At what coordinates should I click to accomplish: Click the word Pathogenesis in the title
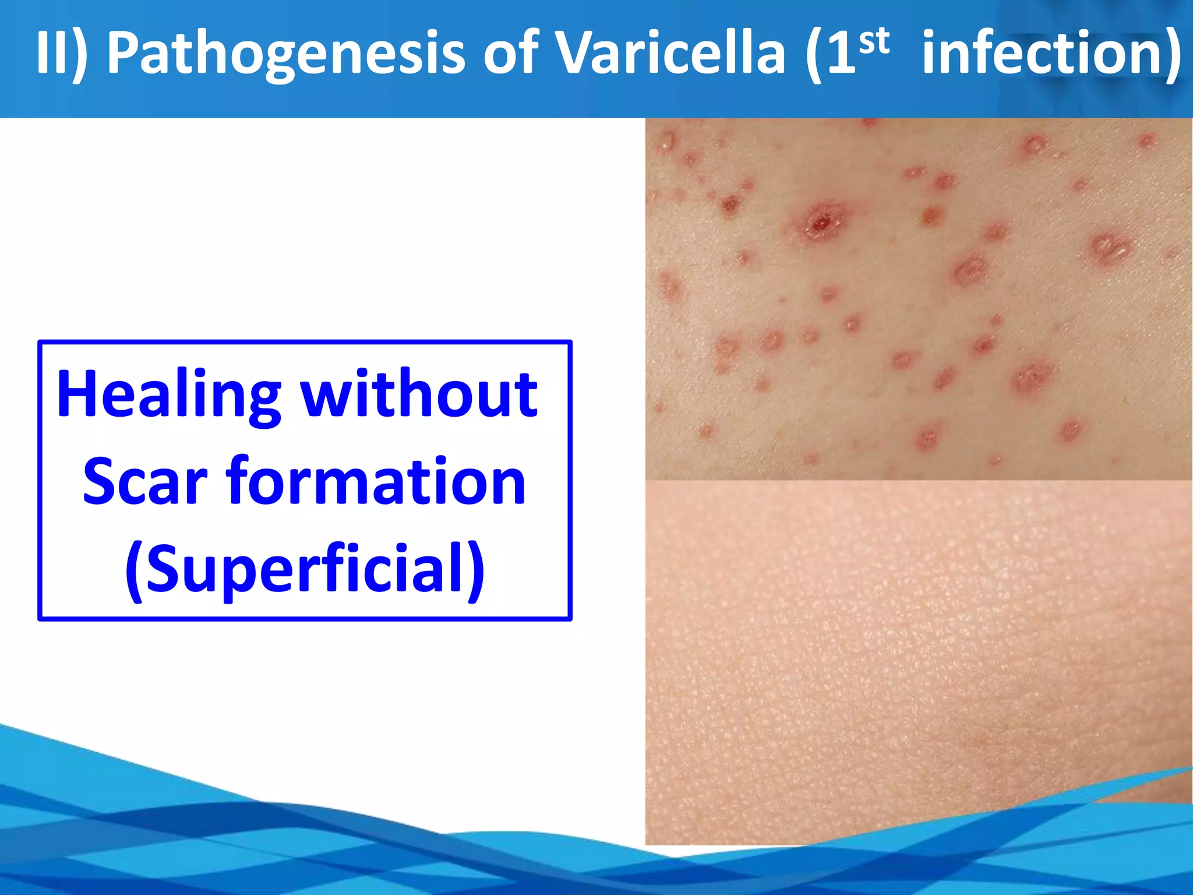286,54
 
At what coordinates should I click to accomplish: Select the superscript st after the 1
874,42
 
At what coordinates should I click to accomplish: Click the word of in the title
510,54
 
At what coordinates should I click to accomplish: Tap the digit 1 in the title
841,54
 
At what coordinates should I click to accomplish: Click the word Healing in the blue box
169,396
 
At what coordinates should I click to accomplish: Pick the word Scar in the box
145,482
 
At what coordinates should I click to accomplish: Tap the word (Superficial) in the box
305,569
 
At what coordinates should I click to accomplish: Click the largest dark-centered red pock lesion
821,221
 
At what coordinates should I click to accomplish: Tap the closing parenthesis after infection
1173,54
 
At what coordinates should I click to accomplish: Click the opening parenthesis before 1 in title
815,54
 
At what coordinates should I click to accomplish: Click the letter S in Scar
100,482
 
